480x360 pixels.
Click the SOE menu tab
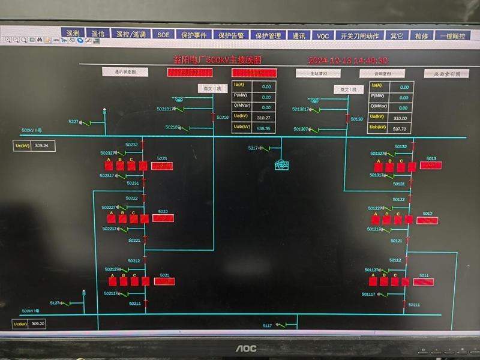pyautogui.click(x=164, y=35)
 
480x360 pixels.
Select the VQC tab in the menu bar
pyautogui.click(x=323, y=35)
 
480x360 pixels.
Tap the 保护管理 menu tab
pyautogui.click(x=268, y=35)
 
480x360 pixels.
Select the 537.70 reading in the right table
pyautogui.click(x=400, y=128)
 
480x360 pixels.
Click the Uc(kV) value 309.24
pyautogui.click(x=41, y=145)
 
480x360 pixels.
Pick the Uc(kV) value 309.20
pyautogui.click(x=39, y=323)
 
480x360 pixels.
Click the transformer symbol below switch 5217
pyautogui.click(x=282, y=164)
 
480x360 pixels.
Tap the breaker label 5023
pyautogui.click(x=162, y=158)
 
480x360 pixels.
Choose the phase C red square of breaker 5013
pyautogui.click(x=399, y=167)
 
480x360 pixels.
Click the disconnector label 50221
pyautogui.click(x=134, y=240)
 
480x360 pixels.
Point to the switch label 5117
pyautogui.click(x=267, y=325)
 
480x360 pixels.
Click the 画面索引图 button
pyautogui.click(x=442, y=74)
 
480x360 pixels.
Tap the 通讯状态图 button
pyautogui.click(x=125, y=72)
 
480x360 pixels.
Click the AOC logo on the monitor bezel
pyautogui.click(x=245, y=348)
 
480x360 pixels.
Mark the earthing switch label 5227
pyautogui.click(x=73, y=121)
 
